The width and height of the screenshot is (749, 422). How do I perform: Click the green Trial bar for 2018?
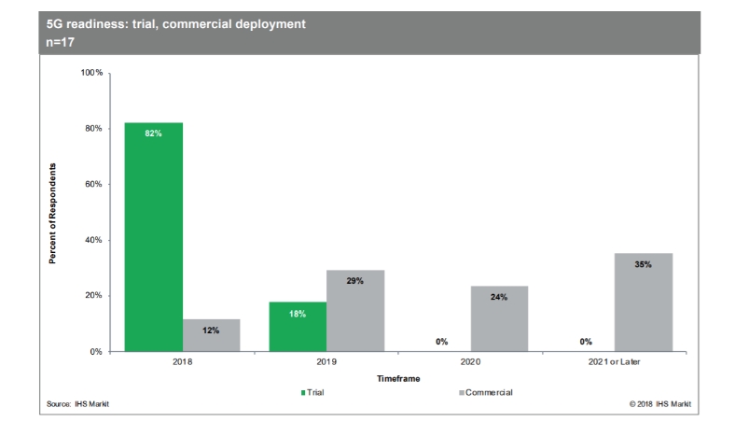coord(154,237)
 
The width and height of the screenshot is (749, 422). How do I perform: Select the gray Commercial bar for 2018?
coord(211,335)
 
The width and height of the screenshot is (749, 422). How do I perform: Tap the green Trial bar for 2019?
coord(298,327)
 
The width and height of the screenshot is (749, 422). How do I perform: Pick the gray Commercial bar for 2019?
coord(355,311)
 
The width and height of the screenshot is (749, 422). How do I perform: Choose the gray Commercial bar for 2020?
coord(499,318)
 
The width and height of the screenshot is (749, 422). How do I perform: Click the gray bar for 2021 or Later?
coord(643,302)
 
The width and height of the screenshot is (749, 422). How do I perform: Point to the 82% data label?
coord(154,134)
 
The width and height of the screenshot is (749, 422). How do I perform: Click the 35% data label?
coord(643,264)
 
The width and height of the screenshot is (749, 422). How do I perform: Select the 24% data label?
coord(499,297)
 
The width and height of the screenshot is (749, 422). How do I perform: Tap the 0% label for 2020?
coord(441,342)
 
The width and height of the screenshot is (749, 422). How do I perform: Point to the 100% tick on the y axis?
coord(92,73)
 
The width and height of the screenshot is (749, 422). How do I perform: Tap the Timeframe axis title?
coord(398,379)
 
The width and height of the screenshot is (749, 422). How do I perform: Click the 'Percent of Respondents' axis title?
coord(54,213)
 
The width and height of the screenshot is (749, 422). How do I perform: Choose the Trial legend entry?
coord(313,391)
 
